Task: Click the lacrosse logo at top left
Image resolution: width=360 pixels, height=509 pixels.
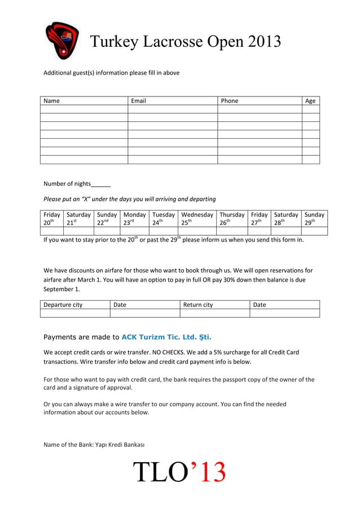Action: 62,40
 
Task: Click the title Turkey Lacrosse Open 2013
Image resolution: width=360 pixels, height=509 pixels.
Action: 186,41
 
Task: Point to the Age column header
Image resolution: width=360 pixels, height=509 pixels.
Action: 310,101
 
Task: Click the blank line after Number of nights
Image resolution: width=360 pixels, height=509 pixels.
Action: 100,185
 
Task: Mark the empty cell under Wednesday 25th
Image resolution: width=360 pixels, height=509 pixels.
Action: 197,231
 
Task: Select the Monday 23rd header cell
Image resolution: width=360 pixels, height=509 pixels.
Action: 134,218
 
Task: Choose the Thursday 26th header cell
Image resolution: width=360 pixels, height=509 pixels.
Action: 232,218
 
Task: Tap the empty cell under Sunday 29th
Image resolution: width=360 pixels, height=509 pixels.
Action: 314,231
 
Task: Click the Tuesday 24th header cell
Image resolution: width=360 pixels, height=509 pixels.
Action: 164,218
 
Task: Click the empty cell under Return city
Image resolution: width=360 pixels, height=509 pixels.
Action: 214,313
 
